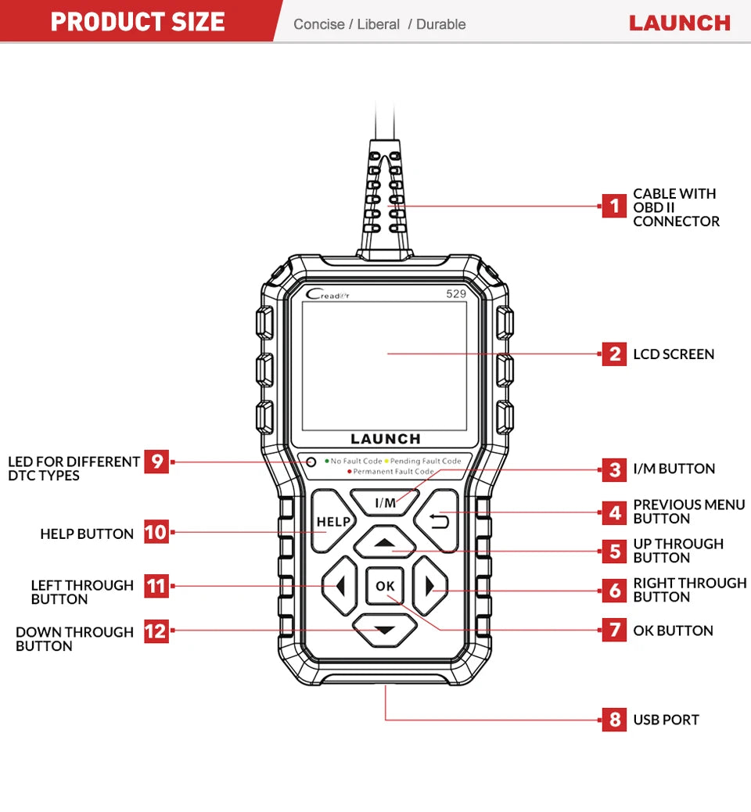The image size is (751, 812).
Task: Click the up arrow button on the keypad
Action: [383, 543]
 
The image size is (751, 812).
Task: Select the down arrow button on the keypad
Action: [383, 630]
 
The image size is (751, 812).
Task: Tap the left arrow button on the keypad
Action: [338, 586]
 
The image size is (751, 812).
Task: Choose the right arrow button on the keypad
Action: [429, 586]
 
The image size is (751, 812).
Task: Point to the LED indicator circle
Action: [311, 462]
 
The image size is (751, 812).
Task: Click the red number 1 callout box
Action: [614, 207]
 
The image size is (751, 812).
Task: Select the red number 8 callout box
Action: [614, 720]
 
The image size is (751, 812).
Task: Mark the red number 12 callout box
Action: [156, 631]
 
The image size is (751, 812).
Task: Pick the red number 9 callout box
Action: [156, 462]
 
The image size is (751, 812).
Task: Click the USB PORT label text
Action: [666, 720]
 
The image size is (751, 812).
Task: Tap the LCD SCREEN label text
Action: [674, 354]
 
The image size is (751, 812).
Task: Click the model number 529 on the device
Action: [455, 294]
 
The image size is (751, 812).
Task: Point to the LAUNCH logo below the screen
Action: [385, 440]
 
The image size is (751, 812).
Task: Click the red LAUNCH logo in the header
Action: [679, 23]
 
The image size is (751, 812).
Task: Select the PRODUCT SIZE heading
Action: [138, 21]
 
